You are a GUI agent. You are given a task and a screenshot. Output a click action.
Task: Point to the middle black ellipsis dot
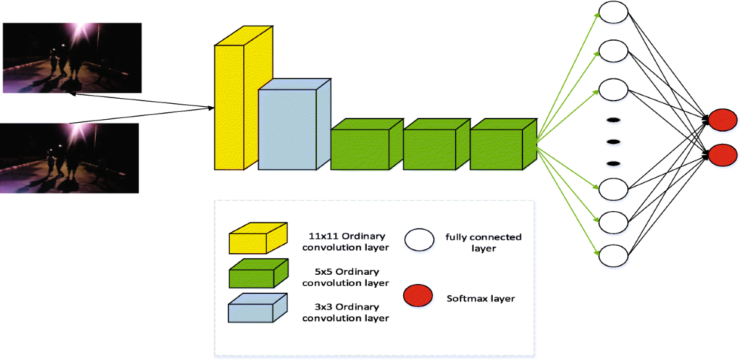coord(613,141)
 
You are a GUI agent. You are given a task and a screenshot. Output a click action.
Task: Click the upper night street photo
coord(72,57)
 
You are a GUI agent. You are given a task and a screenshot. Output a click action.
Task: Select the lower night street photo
coord(69,158)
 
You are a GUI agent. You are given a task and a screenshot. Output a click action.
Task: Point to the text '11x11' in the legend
coord(321,236)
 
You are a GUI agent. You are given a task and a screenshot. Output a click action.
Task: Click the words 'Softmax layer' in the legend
coord(480,299)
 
